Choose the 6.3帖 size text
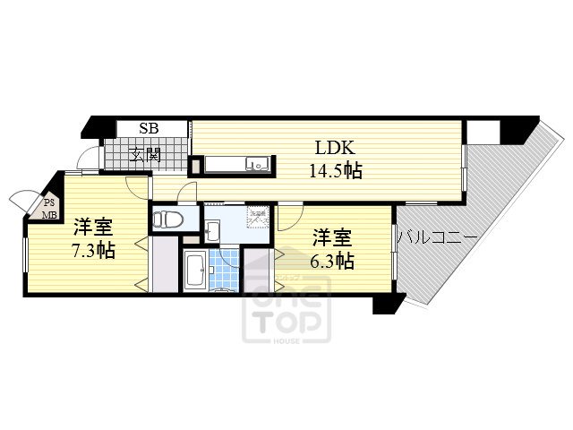coord(331,262)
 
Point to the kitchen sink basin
coord(258,164)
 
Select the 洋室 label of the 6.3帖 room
coord(331,237)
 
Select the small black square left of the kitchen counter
coord(194,166)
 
